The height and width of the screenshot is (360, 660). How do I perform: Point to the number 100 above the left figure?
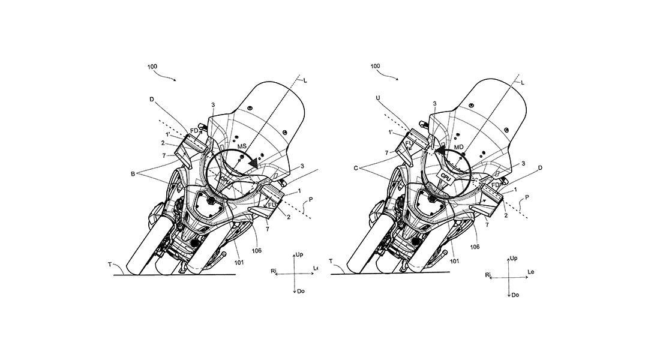[x=152, y=66]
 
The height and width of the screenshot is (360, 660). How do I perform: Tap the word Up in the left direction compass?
[x=299, y=255]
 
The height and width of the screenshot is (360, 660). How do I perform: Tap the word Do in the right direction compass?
[x=515, y=295]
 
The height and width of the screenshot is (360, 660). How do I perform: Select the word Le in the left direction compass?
[x=316, y=268]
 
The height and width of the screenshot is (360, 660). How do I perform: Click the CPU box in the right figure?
[x=446, y=176]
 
